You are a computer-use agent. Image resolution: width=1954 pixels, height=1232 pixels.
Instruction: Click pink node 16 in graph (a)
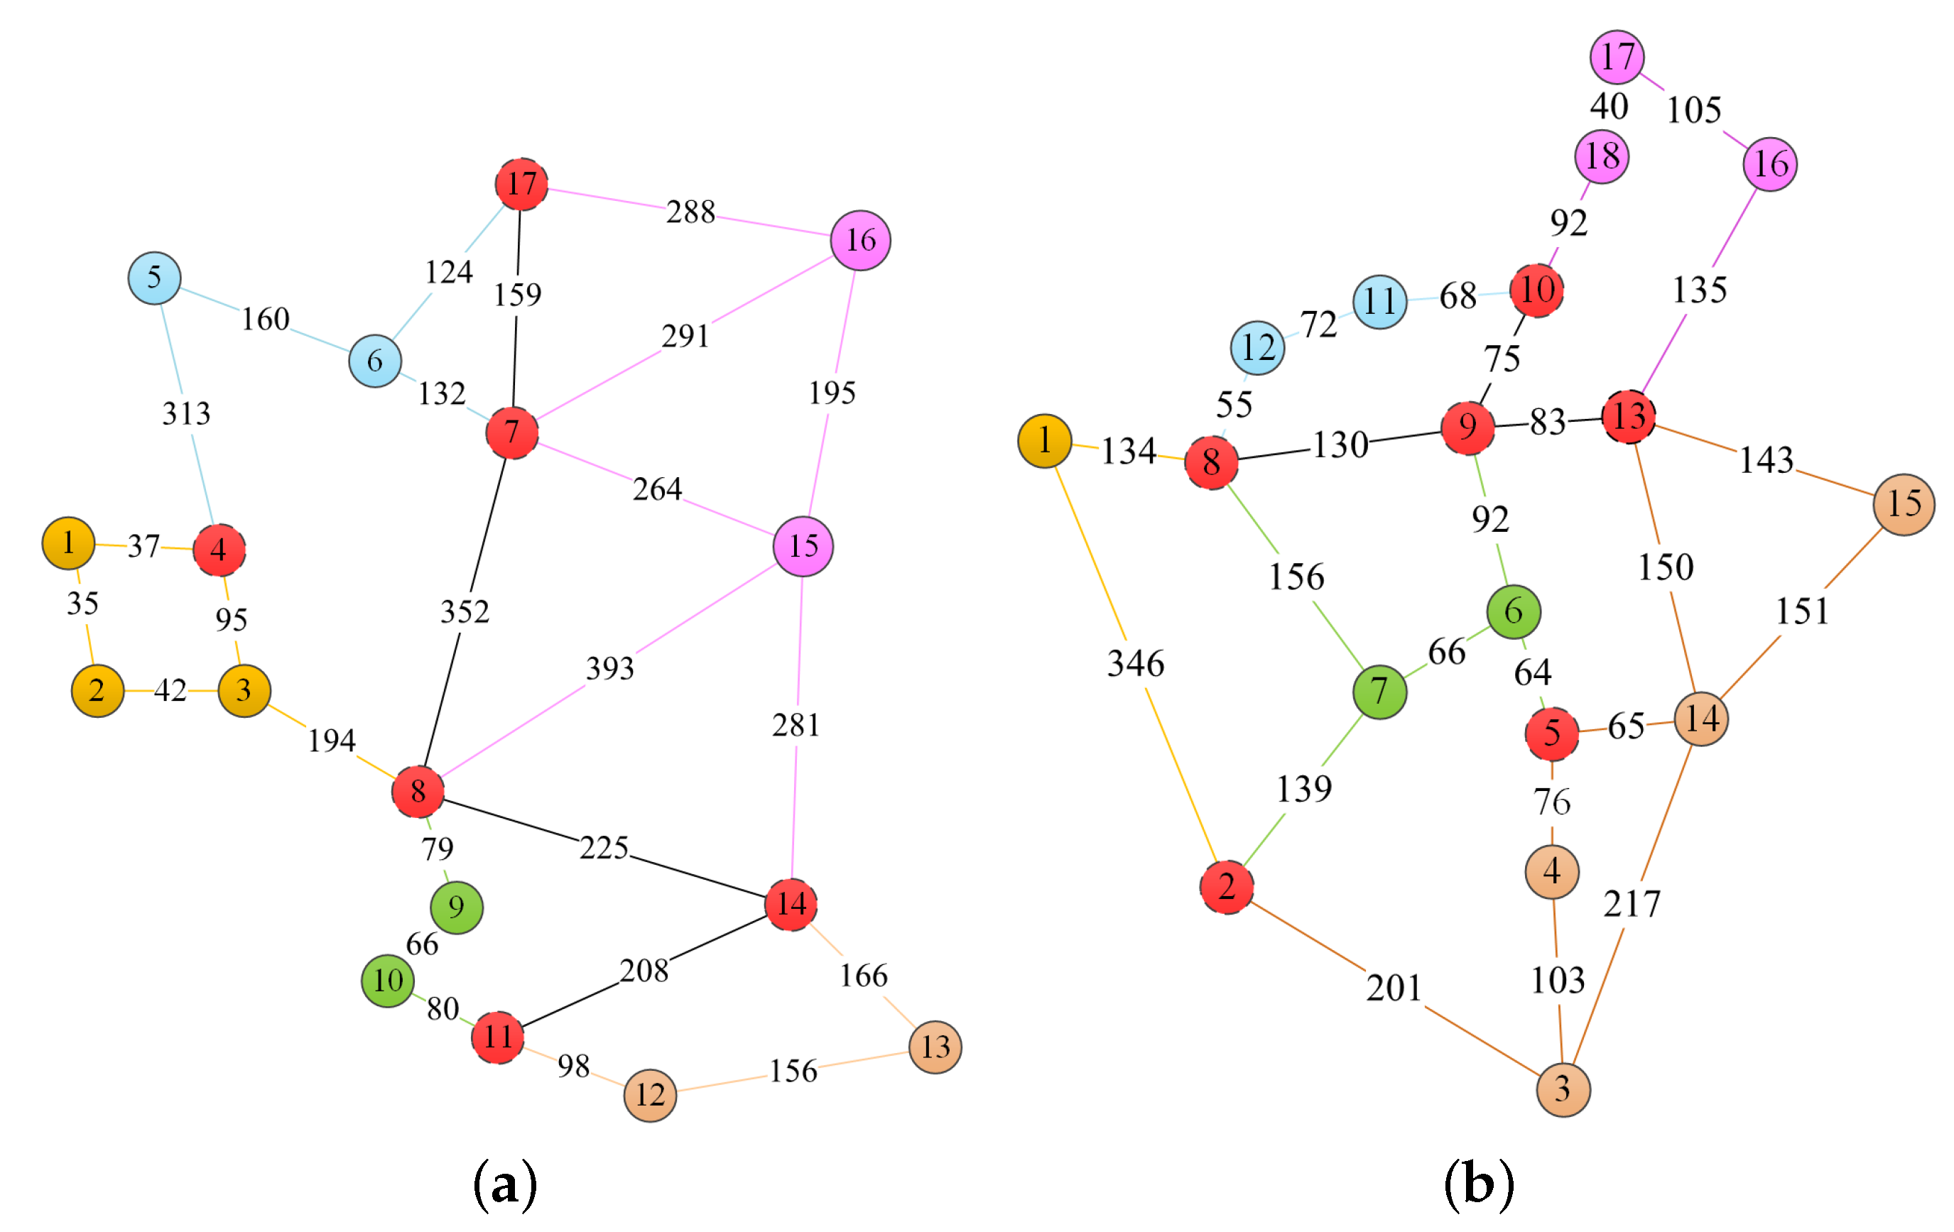860,240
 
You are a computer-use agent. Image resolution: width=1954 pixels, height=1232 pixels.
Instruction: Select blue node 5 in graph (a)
154,278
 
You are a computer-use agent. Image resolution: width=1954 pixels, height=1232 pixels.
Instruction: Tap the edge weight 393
610,668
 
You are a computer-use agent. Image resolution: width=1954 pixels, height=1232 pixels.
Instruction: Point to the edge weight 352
465,611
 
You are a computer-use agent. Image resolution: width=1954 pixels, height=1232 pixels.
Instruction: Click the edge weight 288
690,212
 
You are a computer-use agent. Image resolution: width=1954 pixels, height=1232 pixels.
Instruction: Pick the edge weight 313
187,414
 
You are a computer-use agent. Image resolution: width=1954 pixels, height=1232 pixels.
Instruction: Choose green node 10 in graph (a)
388,981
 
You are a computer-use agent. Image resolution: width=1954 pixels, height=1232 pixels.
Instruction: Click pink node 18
1602,156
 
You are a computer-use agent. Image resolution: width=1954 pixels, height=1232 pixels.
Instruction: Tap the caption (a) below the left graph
505,1185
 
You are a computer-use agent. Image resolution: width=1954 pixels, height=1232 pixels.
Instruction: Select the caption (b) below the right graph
1479,1185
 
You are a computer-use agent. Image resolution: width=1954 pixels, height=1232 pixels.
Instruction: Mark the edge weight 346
1136,663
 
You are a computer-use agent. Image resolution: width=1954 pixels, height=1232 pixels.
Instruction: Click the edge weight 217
1632,903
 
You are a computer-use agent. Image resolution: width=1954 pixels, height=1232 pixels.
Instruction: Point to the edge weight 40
1609,107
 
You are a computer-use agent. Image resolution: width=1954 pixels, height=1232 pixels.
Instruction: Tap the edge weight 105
1694,110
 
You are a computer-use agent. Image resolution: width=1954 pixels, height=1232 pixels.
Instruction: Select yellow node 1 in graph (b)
1044,441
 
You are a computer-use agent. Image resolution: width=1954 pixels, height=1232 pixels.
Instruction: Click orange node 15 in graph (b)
1904,504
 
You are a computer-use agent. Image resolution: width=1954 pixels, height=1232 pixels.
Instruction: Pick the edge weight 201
1394,988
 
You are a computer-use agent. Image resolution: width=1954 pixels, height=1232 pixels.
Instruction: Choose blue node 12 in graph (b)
1258,348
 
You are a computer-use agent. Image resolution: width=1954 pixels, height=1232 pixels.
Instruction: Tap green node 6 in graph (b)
1514,611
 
